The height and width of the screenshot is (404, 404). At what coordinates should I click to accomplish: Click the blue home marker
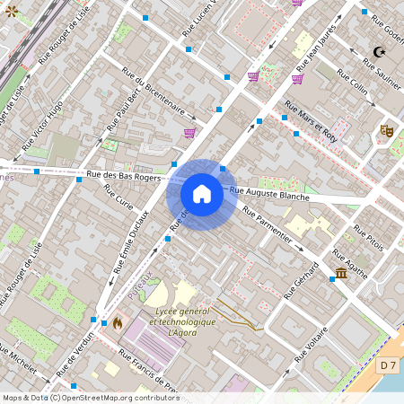(202, 194)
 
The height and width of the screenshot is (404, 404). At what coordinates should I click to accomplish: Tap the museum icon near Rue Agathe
(341, 273)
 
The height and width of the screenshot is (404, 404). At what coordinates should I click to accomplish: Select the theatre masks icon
(387, 131)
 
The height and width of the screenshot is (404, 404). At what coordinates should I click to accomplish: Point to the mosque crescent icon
(377, 53)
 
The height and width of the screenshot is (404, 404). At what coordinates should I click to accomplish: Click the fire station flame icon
(117, 321)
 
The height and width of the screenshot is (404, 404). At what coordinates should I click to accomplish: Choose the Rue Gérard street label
(302, 281)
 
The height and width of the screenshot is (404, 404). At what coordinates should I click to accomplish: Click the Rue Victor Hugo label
(42, 124)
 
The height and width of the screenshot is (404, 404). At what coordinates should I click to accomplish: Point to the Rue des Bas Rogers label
(124, 177)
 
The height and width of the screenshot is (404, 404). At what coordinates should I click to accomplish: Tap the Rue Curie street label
(118, 196)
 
